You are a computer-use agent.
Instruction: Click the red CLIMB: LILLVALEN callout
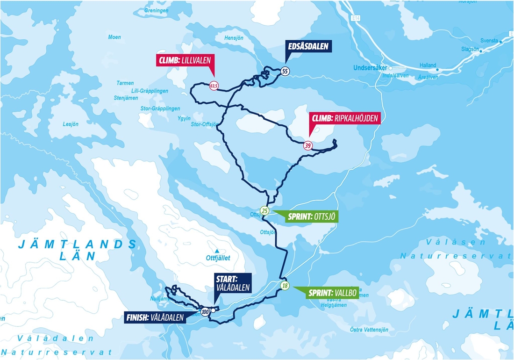186,60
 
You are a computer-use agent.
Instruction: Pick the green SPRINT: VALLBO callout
332,293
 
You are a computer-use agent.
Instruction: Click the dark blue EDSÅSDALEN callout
308,46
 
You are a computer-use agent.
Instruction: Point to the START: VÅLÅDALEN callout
233,283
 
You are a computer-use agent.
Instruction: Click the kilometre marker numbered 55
285,71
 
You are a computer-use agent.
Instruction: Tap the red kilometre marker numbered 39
307,145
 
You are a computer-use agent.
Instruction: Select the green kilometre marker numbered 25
265,211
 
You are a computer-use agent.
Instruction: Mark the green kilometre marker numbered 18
284,286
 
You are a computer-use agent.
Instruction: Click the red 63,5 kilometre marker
214,86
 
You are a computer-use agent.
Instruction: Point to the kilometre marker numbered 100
205,311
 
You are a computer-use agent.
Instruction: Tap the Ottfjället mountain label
218,258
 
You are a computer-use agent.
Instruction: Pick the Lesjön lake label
71,124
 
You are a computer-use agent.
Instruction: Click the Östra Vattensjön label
369,330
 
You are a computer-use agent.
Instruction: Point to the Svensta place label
489,41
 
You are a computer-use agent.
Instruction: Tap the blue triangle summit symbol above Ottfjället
217,251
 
